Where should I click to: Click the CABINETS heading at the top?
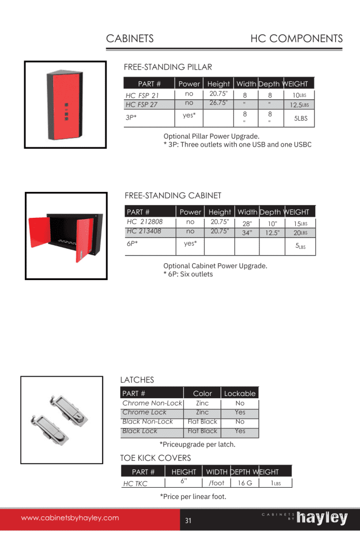tap(130, 38)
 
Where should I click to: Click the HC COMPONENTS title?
tap(296, 38)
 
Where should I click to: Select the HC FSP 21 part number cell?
tap(142, 95)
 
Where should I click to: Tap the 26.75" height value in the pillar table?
tap(218, 102)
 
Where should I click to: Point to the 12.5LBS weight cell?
tap(299, 105)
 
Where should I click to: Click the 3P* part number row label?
tap(131, 118)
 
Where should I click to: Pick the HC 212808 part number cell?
tap(144, 222)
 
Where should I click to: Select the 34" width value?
tap(247, 233)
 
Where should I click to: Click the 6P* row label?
tap(132, 244)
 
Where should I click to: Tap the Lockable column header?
tap(240, 393)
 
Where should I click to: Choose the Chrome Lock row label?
tap(144, 412)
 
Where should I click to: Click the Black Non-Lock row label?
tap(147, 421)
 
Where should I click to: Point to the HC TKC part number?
tap(135, 484)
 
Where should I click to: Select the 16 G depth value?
tap(245, 483)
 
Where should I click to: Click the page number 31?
tap(188, 522)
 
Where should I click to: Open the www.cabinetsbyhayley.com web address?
tap(70, 518)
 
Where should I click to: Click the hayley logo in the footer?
tap(322, 518)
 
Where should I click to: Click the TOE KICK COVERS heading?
tap(155, 458)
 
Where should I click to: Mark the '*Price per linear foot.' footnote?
tap(193, 496)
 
